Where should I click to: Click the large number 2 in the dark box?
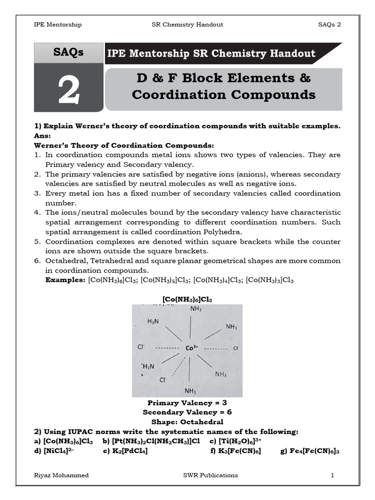(x=68, y=91)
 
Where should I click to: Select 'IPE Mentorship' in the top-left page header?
(x=57, y=24)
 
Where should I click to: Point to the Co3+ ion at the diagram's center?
(x=192, y=348)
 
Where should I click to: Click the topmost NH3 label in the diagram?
(x=195, y=309)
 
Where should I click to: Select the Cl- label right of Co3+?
(x=236, y=348)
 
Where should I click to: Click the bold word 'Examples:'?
(x=65, y=280)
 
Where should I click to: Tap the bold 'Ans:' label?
(x=42, y=136)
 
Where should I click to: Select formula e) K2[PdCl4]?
(x=125, y=451)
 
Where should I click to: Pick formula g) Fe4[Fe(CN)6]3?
(x=310, y=451)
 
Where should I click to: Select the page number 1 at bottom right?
(x=332, y=475)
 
